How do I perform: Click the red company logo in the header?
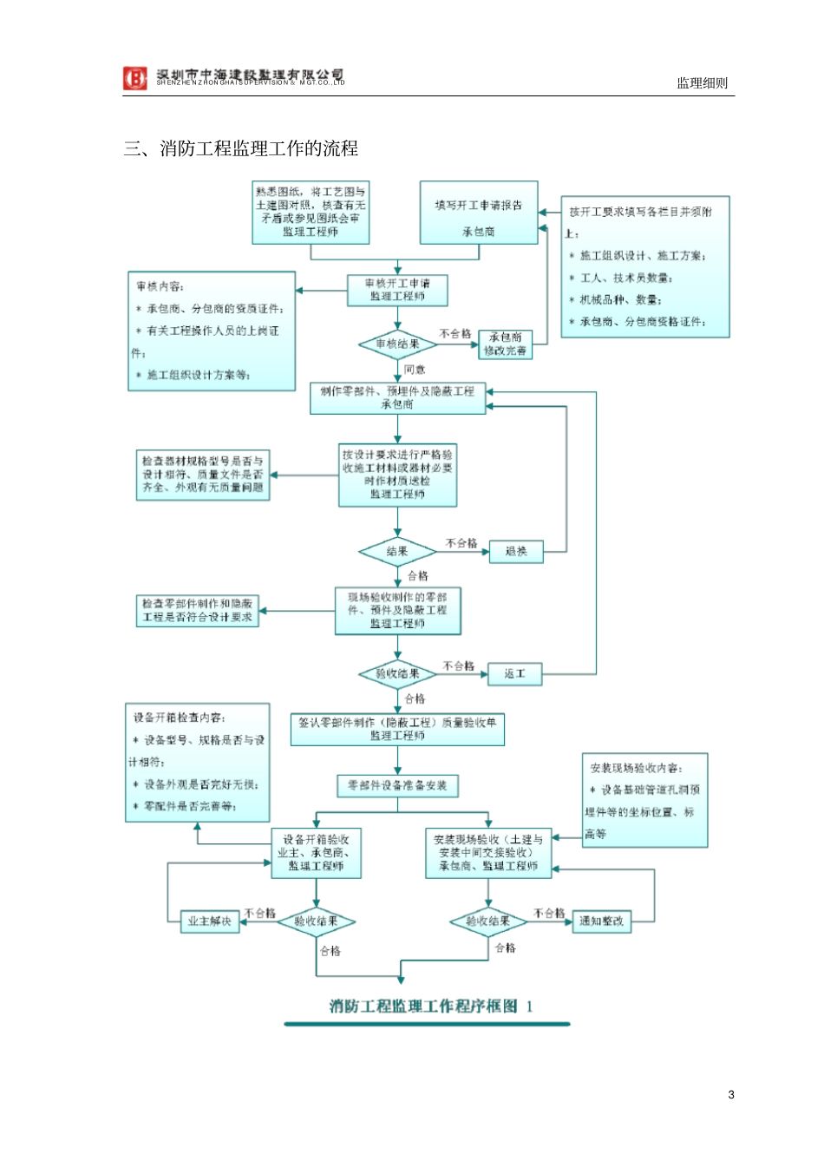(x=134, y=78)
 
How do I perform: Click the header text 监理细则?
(x=702, y=83)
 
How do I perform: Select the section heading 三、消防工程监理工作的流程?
(x=241, y=148)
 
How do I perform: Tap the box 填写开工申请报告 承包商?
(x=479, y=213)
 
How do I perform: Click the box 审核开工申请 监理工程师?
(x=397, y=291)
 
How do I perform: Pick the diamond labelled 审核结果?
(x=397, y=344)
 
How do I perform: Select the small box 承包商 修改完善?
(x=505, y=344)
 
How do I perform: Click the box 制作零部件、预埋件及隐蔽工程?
(x=397, y=398)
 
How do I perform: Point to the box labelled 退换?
(x=516, y=552)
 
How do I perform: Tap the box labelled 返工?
(x=514, y=674)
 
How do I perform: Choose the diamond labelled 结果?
(x=397, y=552)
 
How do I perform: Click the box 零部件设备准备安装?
(x=397, y=786)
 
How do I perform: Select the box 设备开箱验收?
(x=316, y=853)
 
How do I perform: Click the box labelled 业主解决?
(x=209, y=921)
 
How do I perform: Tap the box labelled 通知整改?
(x=601, y=921)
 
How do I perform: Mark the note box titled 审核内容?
(x=212, y=331)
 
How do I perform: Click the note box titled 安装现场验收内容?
(x=644, y=800)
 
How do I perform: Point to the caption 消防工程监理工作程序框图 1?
(x=430, y=1006)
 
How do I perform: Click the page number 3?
(x=731, y=1095)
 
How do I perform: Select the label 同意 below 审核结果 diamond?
(x=415, y=370)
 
